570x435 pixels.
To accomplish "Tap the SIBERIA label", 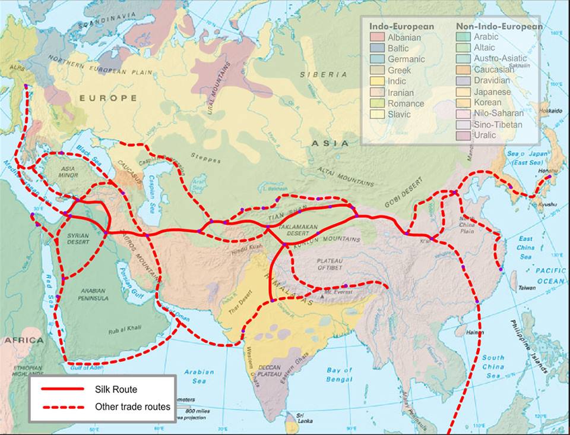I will point(323,75).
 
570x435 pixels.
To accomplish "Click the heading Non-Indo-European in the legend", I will point(499,27).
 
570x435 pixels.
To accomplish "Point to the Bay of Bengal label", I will point(339,374).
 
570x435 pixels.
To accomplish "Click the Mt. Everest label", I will point(339,292).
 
